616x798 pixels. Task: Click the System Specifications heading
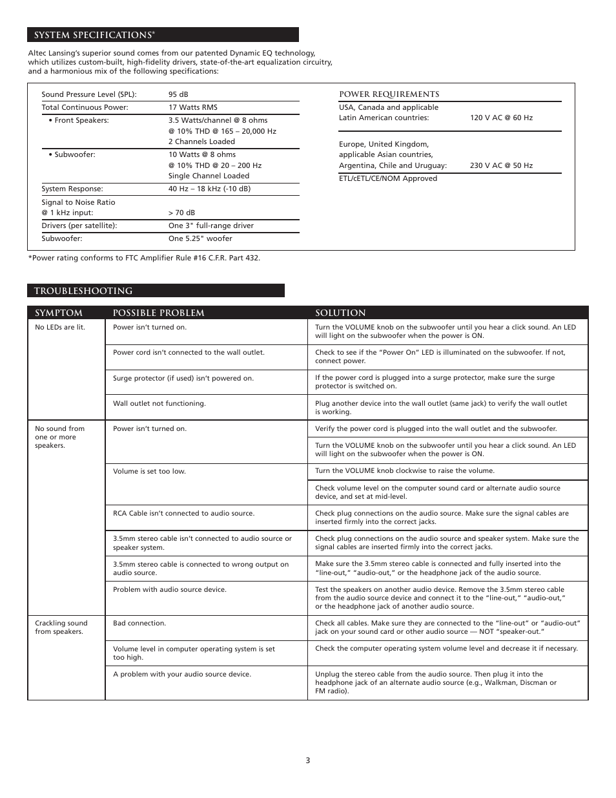tap(94, 35)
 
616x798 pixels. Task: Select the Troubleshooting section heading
tap(83, 291)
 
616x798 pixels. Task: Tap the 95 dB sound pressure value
tap(178, 94)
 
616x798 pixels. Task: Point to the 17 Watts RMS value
tap(193, 107)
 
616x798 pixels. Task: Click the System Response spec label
tap(72, 189)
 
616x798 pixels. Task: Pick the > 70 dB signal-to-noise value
tap(181, 213)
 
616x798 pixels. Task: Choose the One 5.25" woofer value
tap(200, 238)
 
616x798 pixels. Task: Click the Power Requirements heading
tap(389, 94)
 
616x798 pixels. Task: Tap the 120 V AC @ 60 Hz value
tap(501, 118)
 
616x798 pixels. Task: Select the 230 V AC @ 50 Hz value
tap(501, 165)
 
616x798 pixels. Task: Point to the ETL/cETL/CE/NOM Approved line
tap(388, 178)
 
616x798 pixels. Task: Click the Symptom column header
tap(59, 313)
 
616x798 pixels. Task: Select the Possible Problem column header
tap(158, 313)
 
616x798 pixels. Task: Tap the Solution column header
tap(340, 313)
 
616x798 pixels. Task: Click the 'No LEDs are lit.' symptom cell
tap(60, 327)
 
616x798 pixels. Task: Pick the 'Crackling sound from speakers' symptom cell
tap(61, 627)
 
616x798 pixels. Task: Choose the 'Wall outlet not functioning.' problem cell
tap(159, 403)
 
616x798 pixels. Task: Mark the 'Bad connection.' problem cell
tap(139, 623)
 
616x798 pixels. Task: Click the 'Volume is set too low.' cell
tap(149, 471)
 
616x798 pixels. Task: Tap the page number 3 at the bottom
tap(308, 761)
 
